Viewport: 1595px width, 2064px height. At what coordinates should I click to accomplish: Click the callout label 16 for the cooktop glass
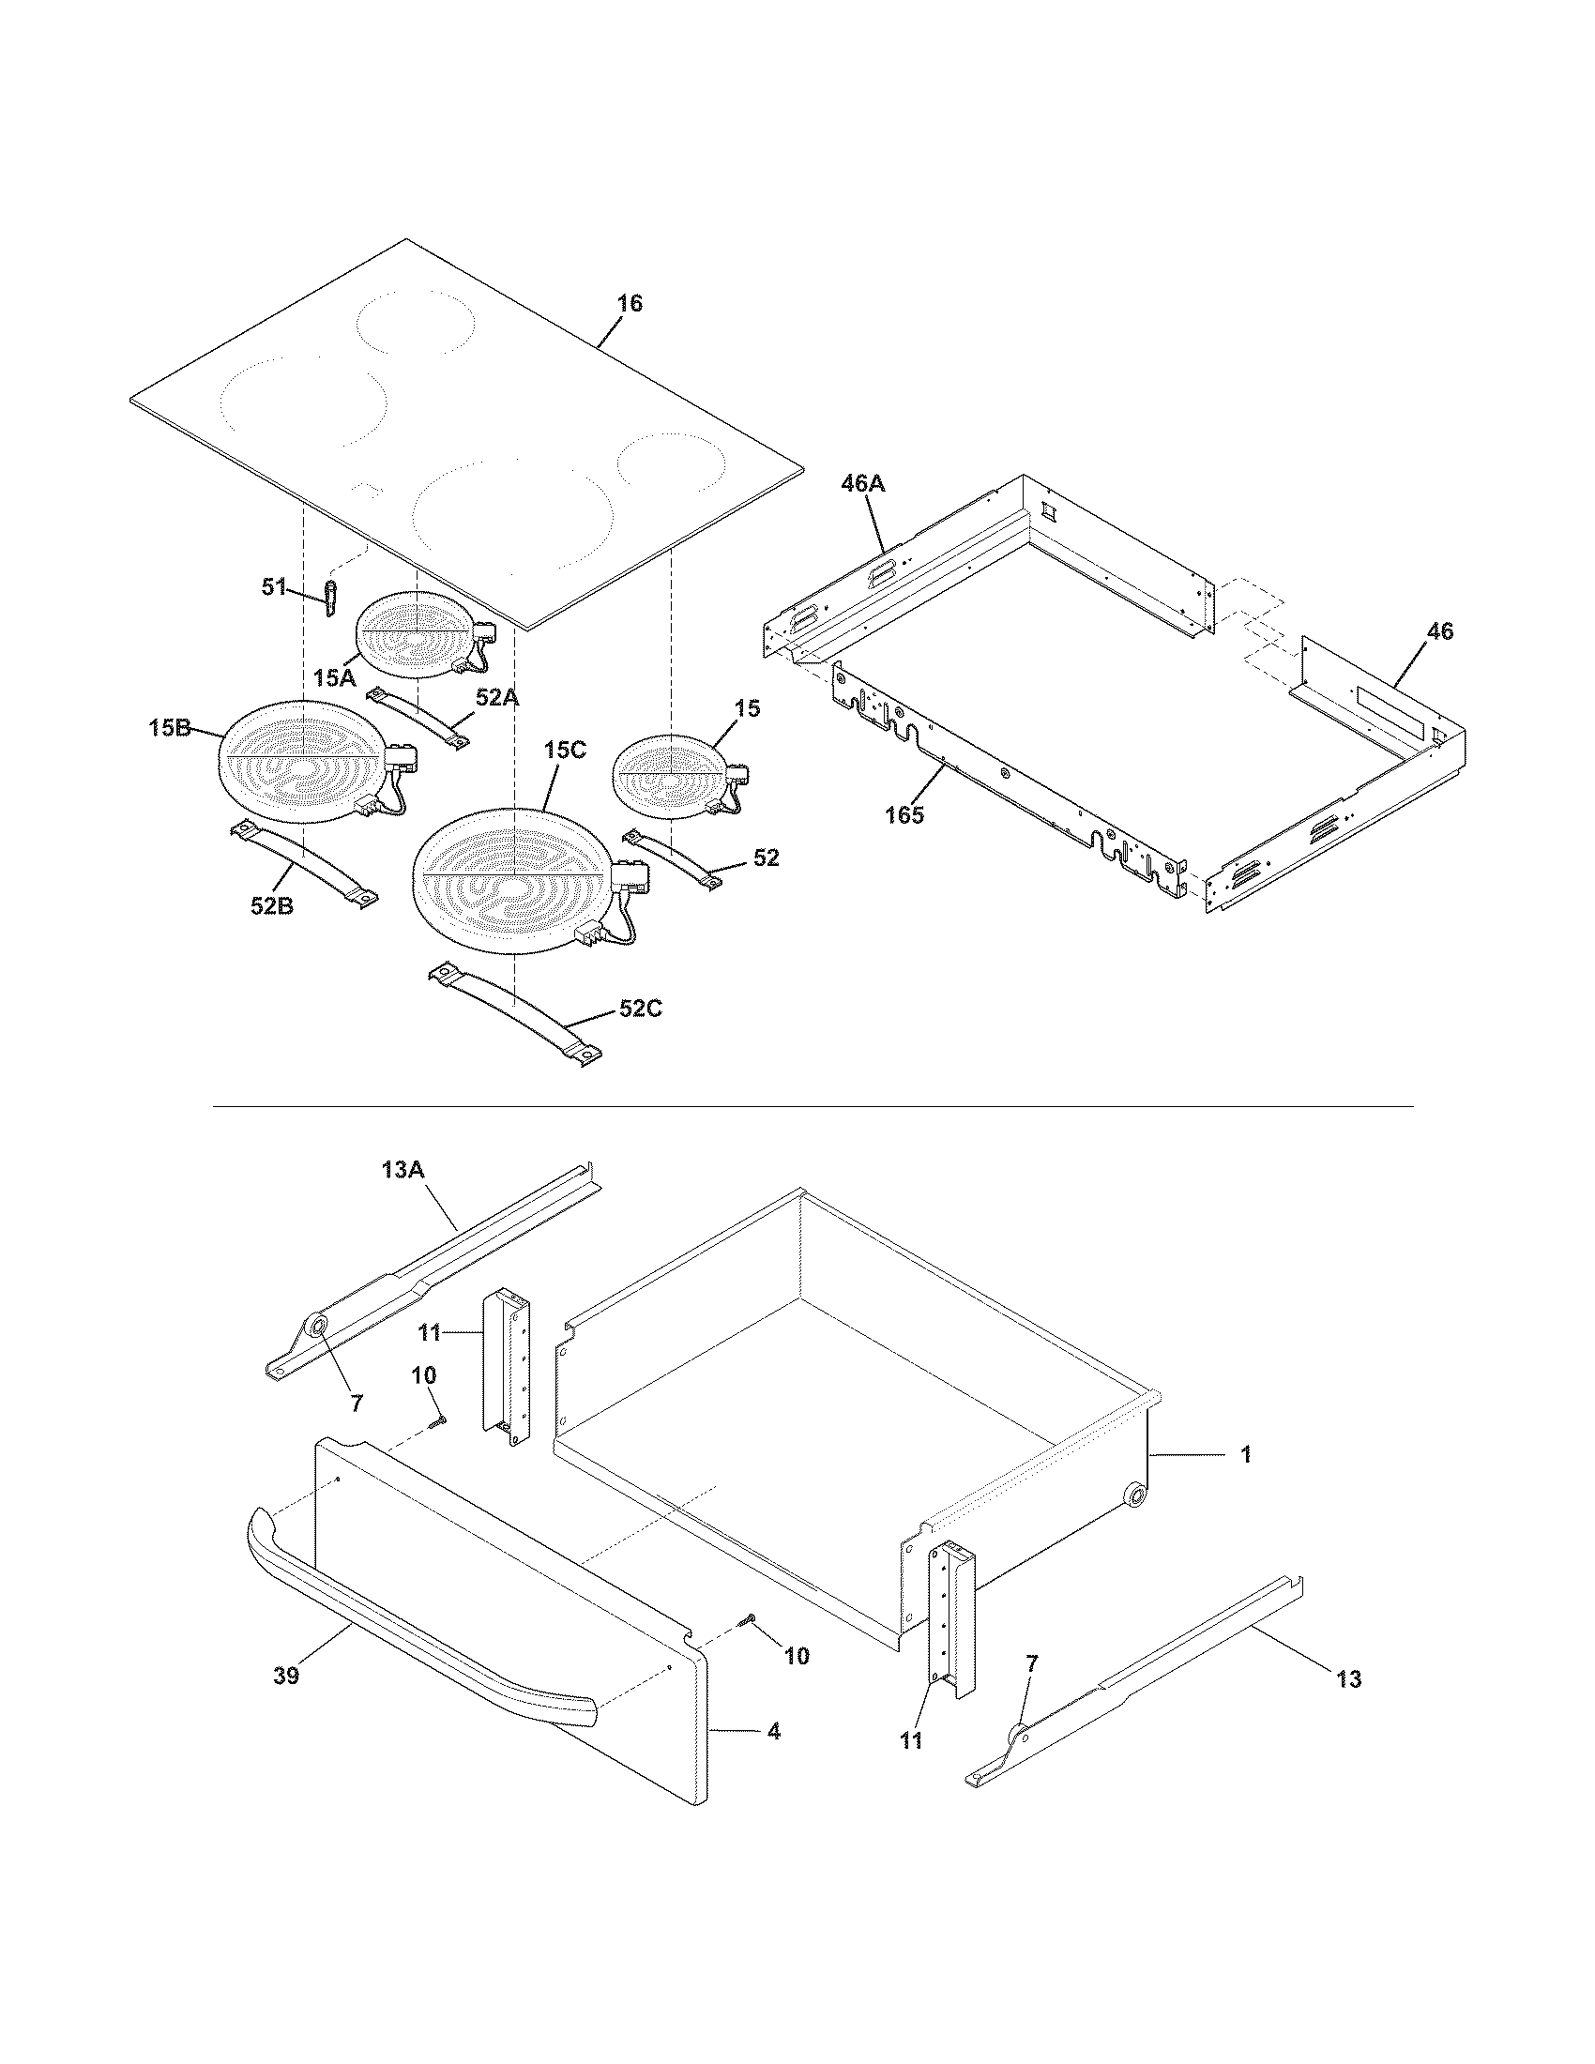(630, 303)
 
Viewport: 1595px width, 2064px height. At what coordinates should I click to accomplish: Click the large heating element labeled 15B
(302, 761)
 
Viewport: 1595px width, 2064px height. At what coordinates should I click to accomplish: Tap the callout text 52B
(272, 905)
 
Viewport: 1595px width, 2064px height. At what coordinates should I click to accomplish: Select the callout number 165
(904, 814)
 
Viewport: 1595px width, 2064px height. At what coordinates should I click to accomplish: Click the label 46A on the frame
(862, 484)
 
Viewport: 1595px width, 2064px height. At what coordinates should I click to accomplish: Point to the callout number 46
(1439, 631)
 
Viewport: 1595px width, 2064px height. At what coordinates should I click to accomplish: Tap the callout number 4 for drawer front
(774, 1732)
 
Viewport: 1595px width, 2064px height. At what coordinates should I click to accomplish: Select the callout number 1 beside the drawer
(1245, 1454)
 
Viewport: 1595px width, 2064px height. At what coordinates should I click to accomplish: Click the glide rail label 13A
(403, 1170)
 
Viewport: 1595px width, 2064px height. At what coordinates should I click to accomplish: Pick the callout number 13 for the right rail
(1349, 1679)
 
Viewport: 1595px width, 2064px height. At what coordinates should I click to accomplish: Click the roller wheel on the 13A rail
(315, 1327)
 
